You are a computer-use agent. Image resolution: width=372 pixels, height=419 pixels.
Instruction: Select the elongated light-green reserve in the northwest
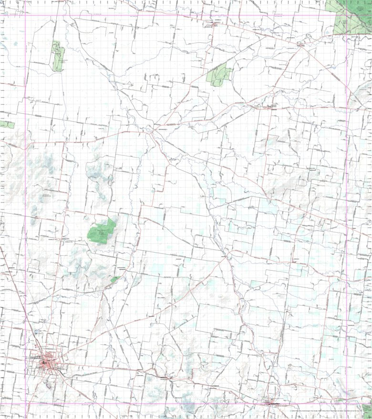(x=57, y=56)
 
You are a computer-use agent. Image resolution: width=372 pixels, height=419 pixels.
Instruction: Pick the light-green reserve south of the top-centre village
(x=219, y=75)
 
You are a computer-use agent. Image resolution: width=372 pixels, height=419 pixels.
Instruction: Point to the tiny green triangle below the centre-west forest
(x=114, y=279)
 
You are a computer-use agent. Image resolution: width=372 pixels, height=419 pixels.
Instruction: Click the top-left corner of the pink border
(x=25, y=16)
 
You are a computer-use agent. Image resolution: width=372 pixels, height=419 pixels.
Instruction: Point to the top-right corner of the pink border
(x=347, y=16)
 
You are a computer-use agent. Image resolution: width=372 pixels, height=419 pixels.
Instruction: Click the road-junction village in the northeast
(x=300, y=45)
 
